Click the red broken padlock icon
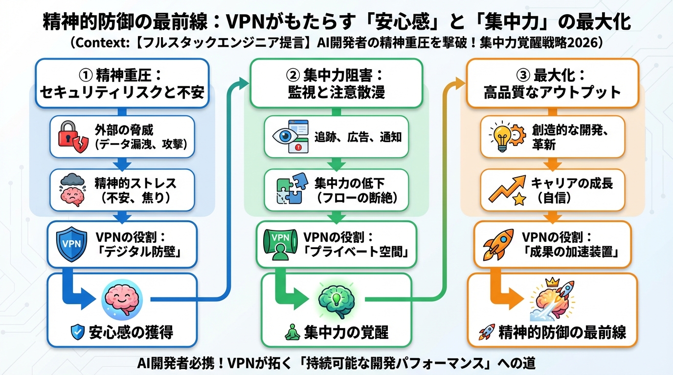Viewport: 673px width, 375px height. coord(72,136)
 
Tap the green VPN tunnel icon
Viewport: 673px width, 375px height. coord(281,243)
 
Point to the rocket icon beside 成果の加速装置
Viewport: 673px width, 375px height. coord(498,244)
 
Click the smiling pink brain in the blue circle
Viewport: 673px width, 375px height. coord(122,299)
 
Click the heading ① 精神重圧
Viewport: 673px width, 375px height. coord(122,83)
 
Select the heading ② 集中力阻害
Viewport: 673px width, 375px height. coord(336,83)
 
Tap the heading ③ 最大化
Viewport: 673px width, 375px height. coord(552,83)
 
